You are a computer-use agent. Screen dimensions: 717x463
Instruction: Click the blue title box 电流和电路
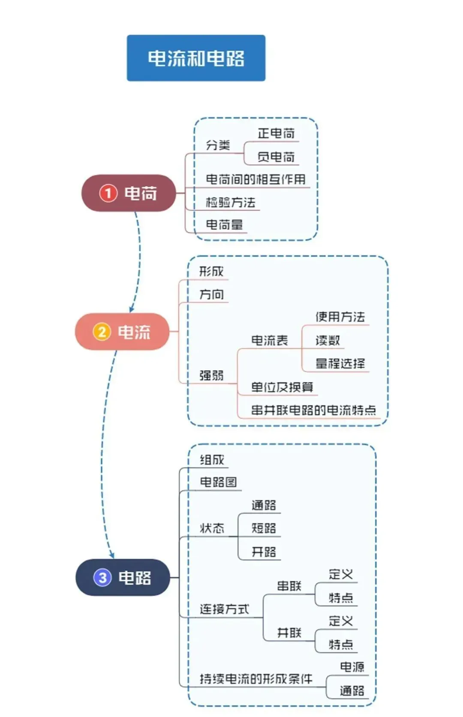[x=196, y=58]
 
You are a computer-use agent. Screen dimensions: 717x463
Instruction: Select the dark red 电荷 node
[x=129, y=193]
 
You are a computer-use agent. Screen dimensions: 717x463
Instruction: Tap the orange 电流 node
[x=122, y=331]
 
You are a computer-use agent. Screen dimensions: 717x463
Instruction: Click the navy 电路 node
[x=123, y=577]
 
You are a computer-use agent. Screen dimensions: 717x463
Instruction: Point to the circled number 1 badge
[x=108, y=193]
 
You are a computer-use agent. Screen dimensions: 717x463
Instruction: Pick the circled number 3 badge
[x=102, y=577]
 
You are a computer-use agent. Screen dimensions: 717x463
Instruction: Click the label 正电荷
[x=276, y=134]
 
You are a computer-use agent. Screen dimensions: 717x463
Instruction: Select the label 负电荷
[x=276, y=157]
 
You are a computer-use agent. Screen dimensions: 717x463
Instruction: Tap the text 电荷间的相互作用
[x=256, y=179]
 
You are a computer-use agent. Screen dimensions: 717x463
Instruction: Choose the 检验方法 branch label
[x=230, y=202]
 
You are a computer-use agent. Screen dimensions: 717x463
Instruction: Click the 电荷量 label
[x=224, y=224]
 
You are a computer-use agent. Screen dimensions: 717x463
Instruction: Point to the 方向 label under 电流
[x=211, y=295]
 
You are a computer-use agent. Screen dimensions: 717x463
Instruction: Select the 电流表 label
[x=269, y=340]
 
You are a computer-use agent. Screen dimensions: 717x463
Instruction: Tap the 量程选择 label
[x=340, y=364]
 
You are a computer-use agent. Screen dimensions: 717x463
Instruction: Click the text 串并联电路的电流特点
[x=313, y=410]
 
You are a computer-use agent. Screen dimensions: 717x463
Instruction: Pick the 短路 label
[x=264, y=528]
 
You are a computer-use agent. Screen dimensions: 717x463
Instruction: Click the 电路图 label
[x=218, y=482]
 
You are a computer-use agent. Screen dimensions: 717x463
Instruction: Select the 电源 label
[x=352, y=667]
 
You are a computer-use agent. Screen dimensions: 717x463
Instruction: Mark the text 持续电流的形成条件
[x=256, y=679]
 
